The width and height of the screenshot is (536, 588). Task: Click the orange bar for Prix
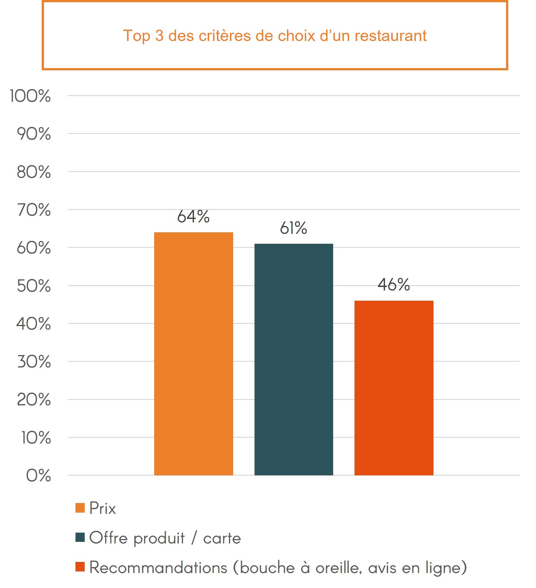(x=193, y=353)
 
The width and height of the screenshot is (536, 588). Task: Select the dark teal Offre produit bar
(x=294, y=359)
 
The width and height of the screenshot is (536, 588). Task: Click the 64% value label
(x=193, y=217)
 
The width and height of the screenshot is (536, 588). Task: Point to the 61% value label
(x=293, y=228)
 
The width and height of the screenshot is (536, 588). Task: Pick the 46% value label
(x=394, y=284)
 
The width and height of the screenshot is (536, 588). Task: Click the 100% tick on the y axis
(x=30, y=96)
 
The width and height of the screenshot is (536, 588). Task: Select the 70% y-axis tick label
(x=34, y=210)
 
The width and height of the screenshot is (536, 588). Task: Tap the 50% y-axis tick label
(x=34, y=286)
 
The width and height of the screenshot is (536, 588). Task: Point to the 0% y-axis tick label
(x=39, y=476)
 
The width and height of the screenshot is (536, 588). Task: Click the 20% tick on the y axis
(x=34, y=400)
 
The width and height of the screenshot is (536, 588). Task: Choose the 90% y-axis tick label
(x=34, y=134)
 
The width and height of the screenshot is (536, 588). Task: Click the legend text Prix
(x=103, y=508)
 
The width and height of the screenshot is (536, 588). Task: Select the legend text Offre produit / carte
(x=165, y=538)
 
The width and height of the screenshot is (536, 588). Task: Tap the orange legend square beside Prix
(x=80, y=508)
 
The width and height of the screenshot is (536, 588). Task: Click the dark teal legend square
(x=80, y=537)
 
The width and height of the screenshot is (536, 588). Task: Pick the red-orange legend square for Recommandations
(x=80, y=567)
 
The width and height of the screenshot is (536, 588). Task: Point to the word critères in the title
(x=225, y=36)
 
